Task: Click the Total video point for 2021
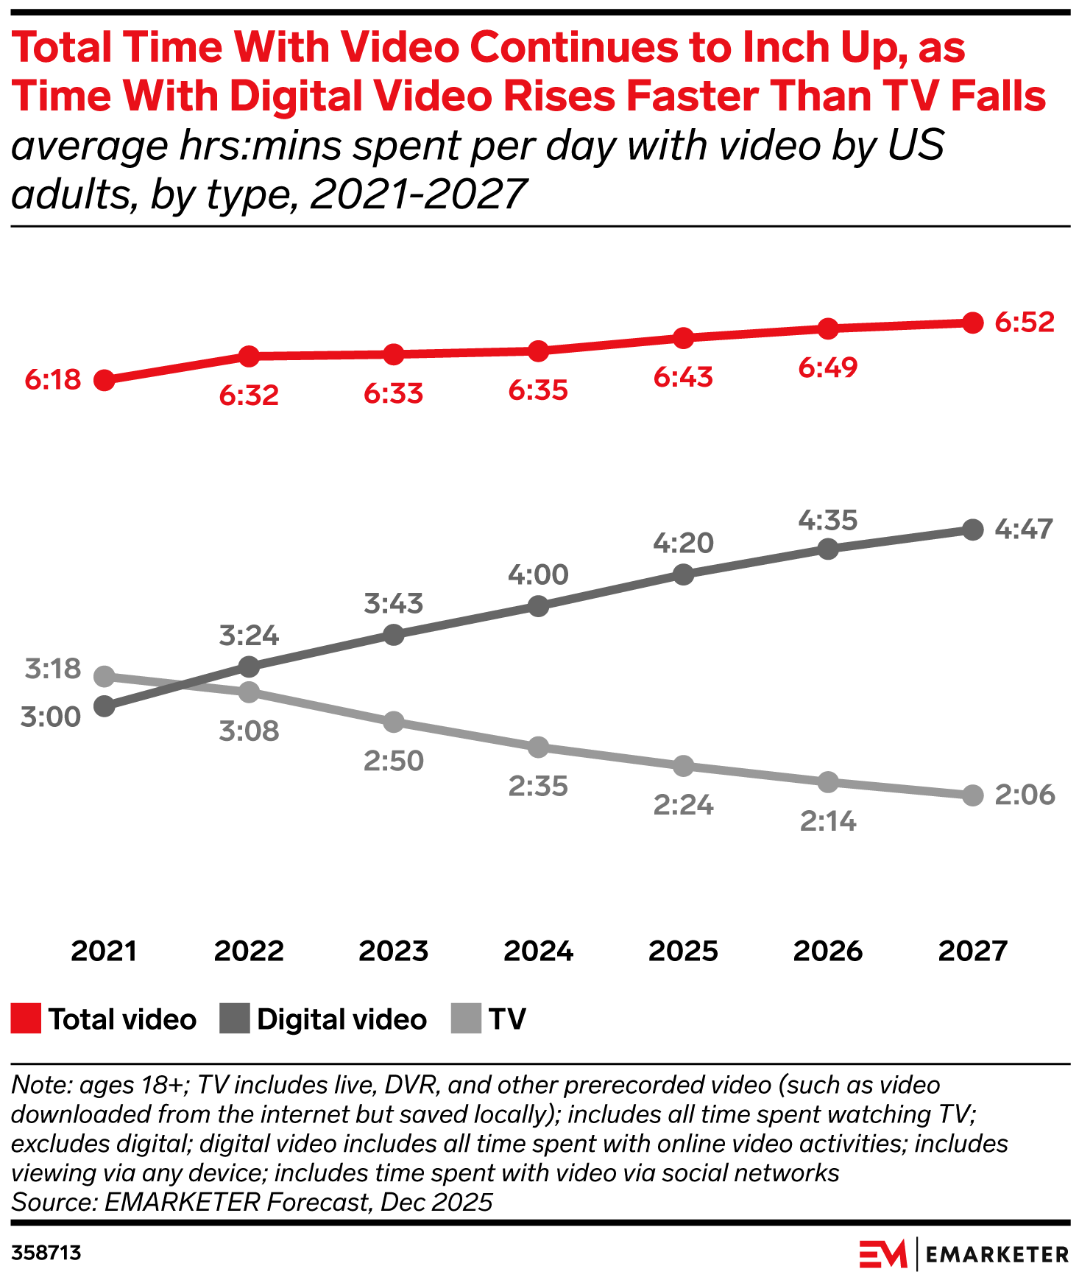105,381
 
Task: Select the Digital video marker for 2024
539,606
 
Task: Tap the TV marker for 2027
973,795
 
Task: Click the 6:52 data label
1025,322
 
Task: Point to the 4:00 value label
538,574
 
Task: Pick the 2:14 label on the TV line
828,821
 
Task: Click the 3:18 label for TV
52,669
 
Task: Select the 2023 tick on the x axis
394,951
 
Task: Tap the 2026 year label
828,951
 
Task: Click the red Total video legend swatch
26,1019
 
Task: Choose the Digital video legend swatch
235,1019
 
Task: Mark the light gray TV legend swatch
466,1019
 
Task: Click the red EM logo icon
883,1253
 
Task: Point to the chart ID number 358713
46,1253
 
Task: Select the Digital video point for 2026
828,549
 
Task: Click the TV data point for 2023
394,722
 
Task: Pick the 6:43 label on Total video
683,377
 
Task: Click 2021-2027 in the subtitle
418,194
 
